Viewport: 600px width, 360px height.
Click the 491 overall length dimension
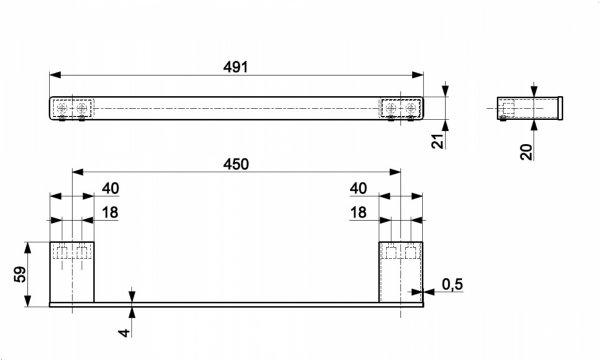point(236,67)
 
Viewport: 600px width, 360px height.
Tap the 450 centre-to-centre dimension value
point(236,165)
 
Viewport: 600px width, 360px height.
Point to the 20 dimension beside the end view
point(527,152)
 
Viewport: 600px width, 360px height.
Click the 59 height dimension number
point(20,274)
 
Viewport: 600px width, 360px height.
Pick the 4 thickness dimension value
point(124,333)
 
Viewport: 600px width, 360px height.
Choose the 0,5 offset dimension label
point(452,284)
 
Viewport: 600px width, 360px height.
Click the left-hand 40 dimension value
point(111,189)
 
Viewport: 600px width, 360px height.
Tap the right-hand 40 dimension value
point(359,189)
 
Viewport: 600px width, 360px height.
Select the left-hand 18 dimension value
point(110,213)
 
